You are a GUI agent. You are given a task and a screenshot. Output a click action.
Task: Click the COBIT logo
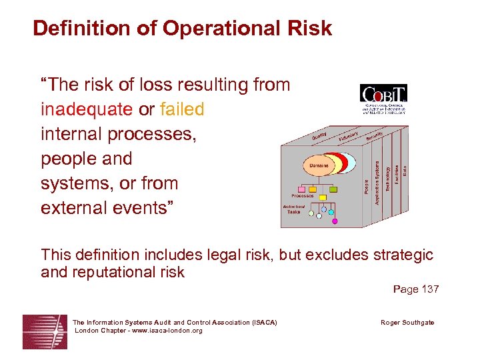pyautogui.click(x=383, y=99)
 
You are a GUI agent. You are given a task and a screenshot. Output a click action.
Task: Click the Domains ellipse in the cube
pyautogui.click(x=319, y=164)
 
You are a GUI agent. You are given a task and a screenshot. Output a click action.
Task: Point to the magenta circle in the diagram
pyautogui.click(x=335, y=221)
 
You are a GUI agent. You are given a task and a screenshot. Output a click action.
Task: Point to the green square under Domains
pyautogui.click(x=333, y=189)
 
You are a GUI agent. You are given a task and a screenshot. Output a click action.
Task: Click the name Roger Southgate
pyautogui.click(x=407, y=323)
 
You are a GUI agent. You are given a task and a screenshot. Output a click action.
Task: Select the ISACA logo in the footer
pyautogui.click(x=44, y=331)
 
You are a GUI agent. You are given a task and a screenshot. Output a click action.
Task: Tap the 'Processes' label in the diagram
pyautogui.click(x=302, y=196)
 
